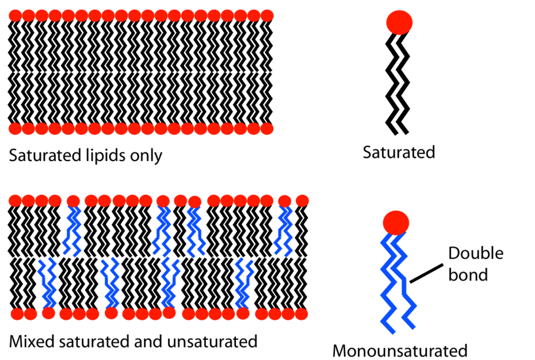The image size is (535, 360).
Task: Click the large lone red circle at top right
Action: pyautogui.click(x=399, y=22)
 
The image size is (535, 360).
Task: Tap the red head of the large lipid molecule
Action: pyautogui.click(x=396, y=223)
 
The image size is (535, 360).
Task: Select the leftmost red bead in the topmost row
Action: pyautogui.click(x=14, y=16)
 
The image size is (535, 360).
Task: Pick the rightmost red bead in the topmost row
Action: pyautogui.click(x=267, y=16)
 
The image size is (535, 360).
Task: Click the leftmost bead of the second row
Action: pyautogui.click(x=14, y=129)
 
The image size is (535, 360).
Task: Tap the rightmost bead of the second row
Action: pyautogui.click(x=267, y=129)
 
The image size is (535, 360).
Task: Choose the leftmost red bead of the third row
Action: pyautogui.click(x=14, y=201)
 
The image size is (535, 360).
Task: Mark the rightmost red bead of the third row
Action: pyautogui.click(x=303, y=201)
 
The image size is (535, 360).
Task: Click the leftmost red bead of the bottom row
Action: pyautogui.click(x=17, y=315)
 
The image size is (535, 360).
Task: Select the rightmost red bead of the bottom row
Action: pyautogui.click(x=302, y=315)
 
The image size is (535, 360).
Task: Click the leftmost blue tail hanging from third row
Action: pyautogui.click(x=73, y=230)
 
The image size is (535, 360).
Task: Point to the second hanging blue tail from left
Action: pyautogui.click(x=163, y=230)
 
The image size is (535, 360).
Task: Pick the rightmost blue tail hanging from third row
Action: pyautogui.click(x=284, y=230)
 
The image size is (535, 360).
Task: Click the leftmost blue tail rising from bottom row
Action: pyautogui.click(x=48, y=285)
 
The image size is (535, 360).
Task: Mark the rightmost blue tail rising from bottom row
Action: pyautogui.click(x=243, y=285)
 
